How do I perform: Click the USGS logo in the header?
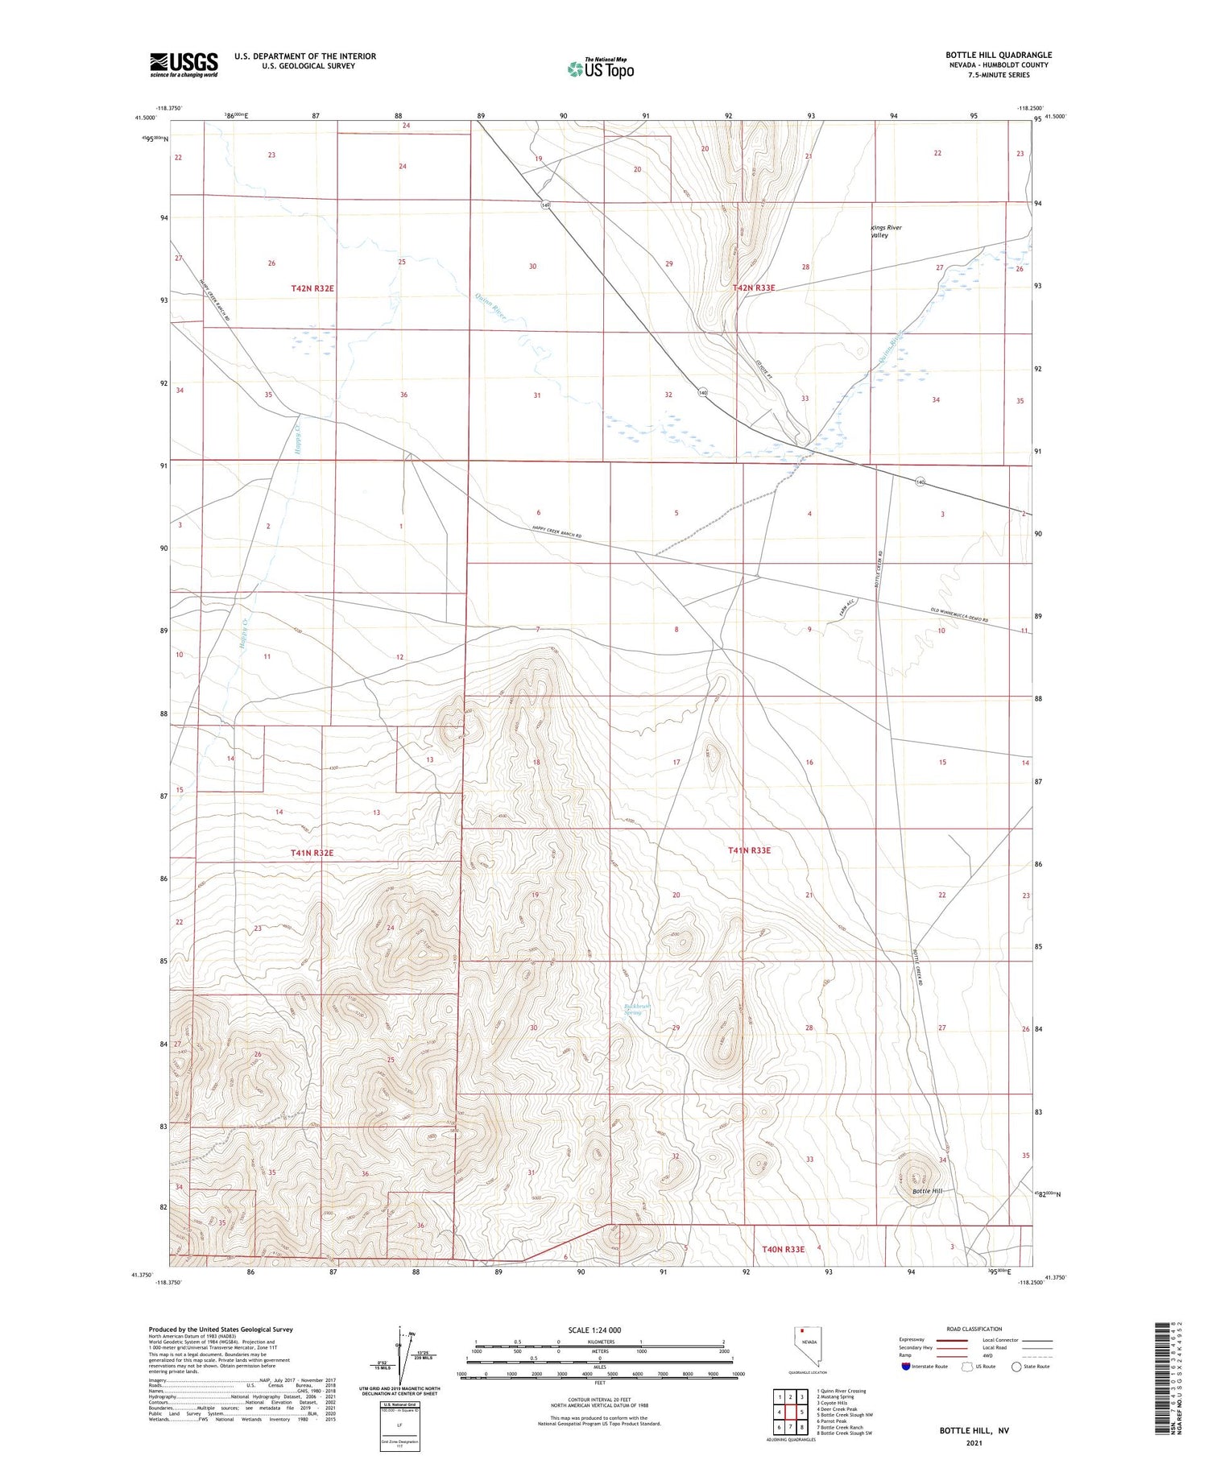[x=184, y=64]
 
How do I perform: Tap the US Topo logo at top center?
[x=600, y=68]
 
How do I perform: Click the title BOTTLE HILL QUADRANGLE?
[x=998, y=56]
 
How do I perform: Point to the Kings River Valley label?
[x=886, y=231]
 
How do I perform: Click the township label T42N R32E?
[x=312, y=287]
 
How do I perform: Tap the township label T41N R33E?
[x=749, y=850]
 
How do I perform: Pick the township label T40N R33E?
[x=783, y=1249]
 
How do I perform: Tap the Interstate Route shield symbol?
[x=906, y=1366]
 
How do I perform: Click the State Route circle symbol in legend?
[x=1016, y=1366]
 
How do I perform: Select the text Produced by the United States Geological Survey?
[x=220, y=1330]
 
